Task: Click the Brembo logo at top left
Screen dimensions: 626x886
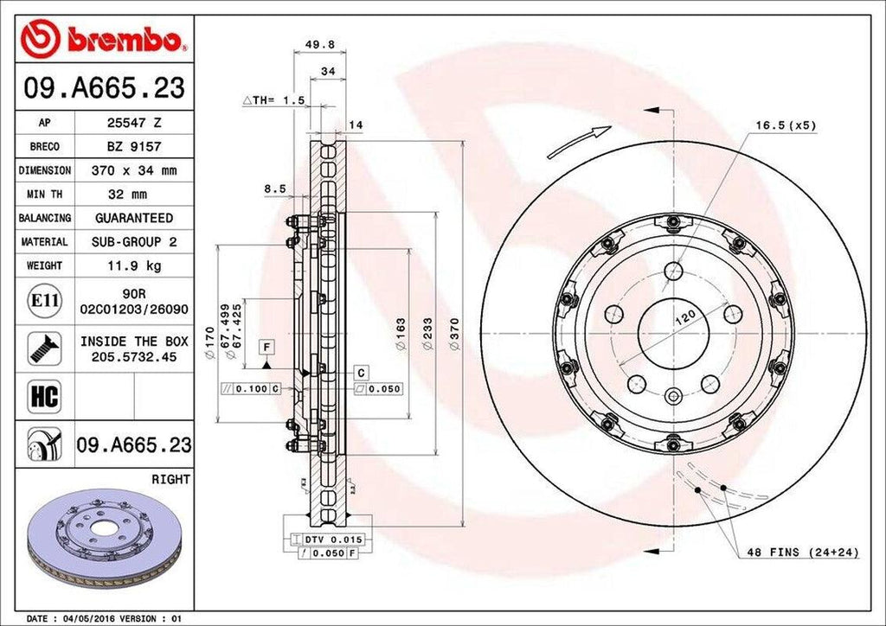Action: pyautogui.click(x=103, y=38)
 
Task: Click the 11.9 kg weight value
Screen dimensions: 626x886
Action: pyautogui.click(x=133, y=265)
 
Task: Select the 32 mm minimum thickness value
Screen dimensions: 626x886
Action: pyautogui.click(x=133, y=195)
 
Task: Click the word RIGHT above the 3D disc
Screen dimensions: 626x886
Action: pyautogui.click(x=170, y=478)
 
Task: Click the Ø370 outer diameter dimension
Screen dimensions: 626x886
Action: pyautogui.click(x=455, y=334)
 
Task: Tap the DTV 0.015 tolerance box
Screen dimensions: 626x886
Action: pyautogui.click(x=332, y=539)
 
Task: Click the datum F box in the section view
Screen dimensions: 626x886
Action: pyautogui.click(x=268, y=348)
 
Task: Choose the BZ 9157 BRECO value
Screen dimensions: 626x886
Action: pyautogui.click(x=133, y=147)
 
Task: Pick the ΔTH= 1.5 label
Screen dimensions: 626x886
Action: pyautogui.click(x=273, y=101)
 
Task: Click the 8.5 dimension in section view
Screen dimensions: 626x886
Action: pyautogui.click(x=275, y=188)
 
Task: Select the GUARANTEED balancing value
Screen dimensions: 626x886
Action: pyautogui.click(x=133, y=218)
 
